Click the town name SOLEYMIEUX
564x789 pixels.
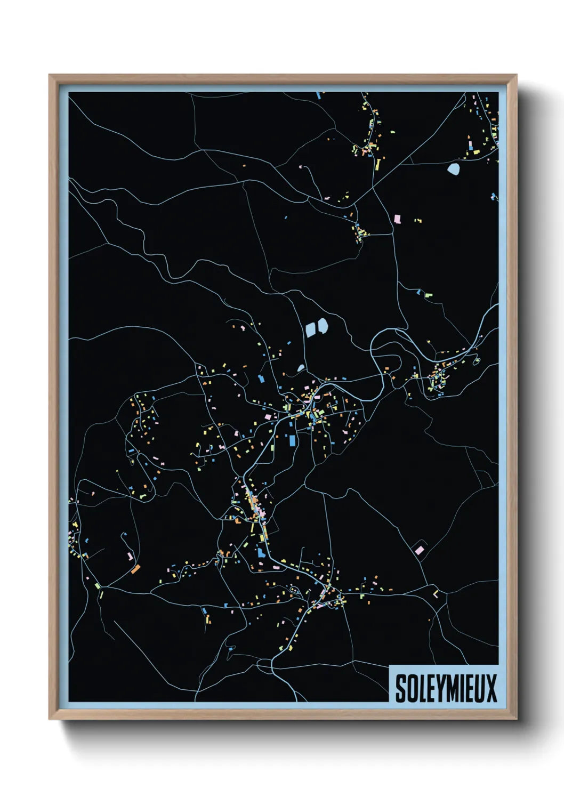point(446,688)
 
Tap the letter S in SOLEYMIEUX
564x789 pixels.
point(400,688)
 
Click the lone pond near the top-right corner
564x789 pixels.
point(453,170)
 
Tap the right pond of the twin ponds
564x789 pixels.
point(322,326)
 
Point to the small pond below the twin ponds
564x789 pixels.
point(301,368)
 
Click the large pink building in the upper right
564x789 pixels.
point(397,219)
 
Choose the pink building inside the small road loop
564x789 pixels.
point(420,550)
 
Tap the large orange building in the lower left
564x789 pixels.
point(135,569)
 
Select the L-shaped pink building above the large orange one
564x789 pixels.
point(130,557)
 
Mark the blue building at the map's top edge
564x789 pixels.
point(319,95)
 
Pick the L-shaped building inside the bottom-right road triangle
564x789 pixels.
point(436,594)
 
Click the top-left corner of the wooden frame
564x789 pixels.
point(50,75)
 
